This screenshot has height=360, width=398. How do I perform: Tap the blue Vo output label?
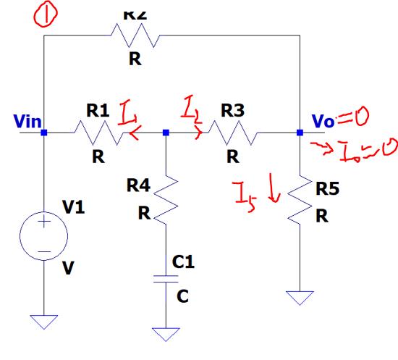pos(323,121)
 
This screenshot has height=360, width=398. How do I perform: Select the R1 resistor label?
pos(98,111)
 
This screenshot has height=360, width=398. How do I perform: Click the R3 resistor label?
pos(232,111)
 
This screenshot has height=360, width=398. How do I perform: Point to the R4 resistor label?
pos(138,185)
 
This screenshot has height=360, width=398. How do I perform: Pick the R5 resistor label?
pos(327,189)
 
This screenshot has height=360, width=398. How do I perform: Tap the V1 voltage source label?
pos(73,207)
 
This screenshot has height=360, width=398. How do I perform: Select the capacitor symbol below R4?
pos(166,277)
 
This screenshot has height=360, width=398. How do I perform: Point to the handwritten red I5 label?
pos(242,192)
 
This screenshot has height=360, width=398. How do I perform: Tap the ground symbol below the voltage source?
pos(45,320)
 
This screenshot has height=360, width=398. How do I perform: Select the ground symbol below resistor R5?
pos(300,297)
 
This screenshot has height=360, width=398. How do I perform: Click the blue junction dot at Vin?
pos(45,133)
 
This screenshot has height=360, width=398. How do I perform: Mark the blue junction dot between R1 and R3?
pos(166,133)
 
